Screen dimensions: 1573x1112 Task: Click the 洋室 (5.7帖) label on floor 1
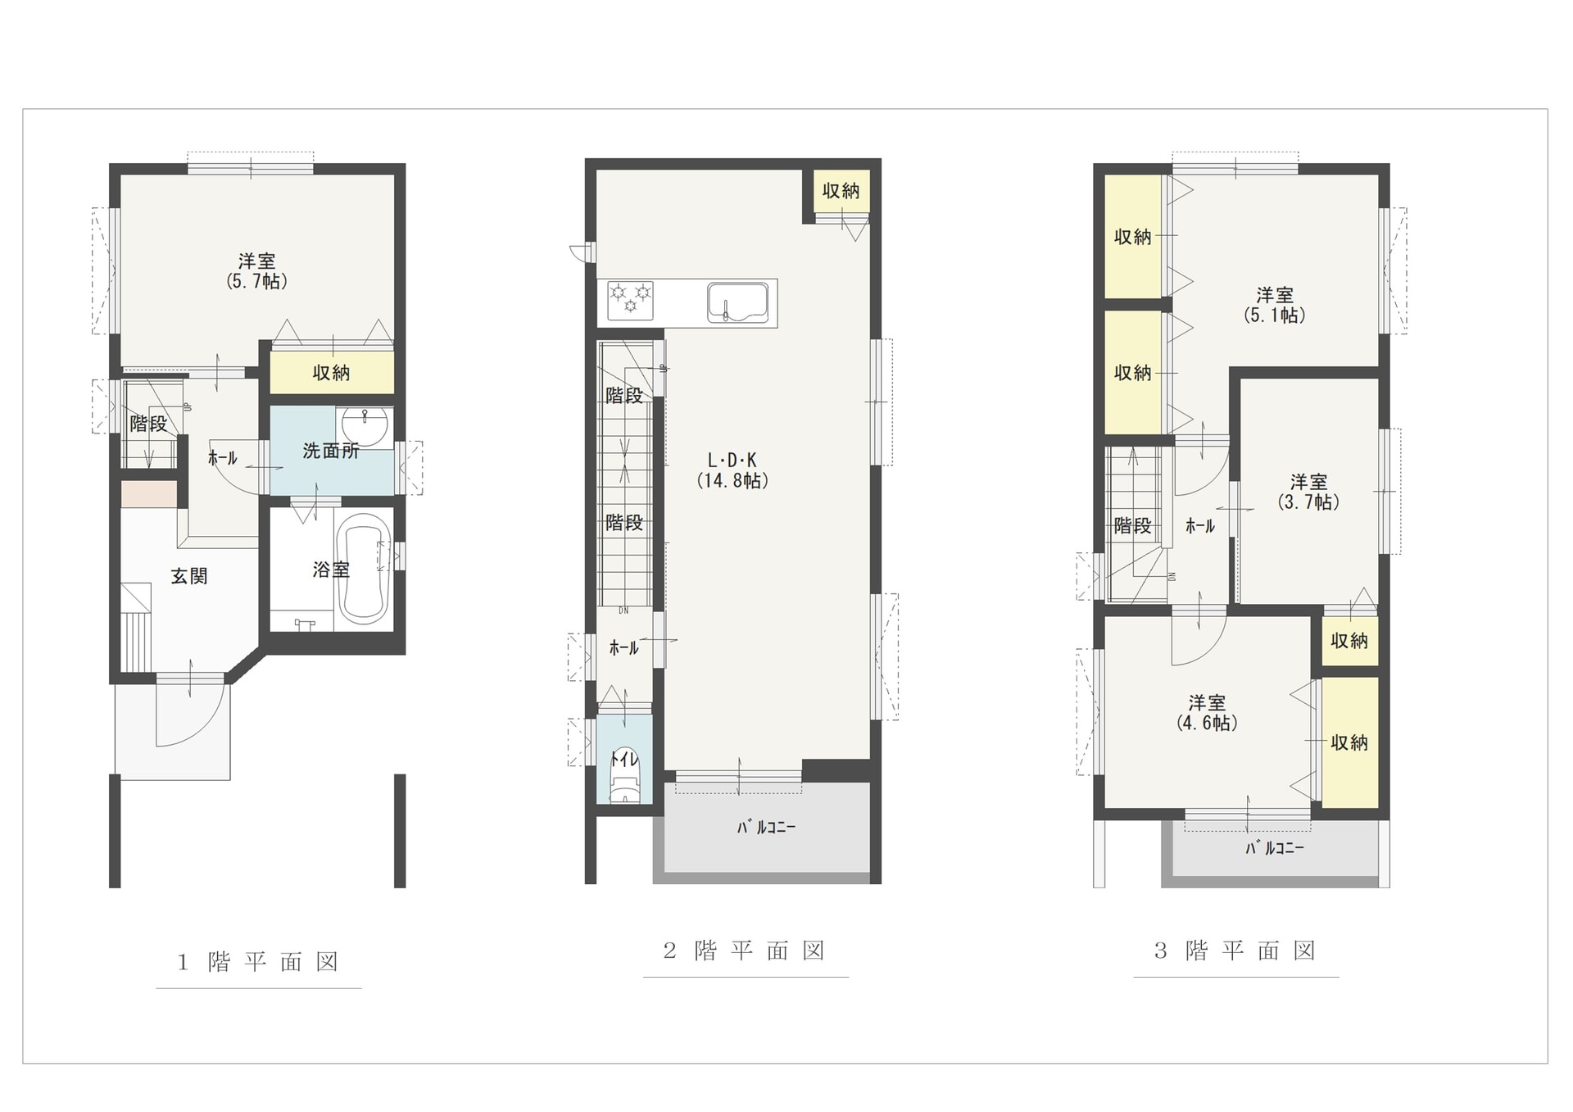pos(257,271)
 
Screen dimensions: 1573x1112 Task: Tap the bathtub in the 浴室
pos(363,570)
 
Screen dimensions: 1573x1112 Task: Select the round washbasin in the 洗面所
pos(364,426)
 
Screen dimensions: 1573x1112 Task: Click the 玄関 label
pos(189,576)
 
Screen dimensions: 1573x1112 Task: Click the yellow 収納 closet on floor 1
pos(332,373)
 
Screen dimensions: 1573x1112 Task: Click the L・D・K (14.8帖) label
pos(732,470)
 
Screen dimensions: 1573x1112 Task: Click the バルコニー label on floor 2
pos(766,828)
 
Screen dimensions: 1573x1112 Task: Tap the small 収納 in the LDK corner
pos(841,191)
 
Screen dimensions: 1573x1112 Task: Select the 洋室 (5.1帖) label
pos(1275,305)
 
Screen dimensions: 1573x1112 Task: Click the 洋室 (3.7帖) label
pos(1308,492)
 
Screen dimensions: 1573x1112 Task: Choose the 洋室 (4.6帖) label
pos(1207,712)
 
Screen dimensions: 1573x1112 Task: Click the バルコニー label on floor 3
pos(1275,848)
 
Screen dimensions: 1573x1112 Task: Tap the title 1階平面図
pos(258,961)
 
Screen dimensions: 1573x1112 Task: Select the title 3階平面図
pos(1235,951)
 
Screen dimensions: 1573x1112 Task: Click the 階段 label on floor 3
pos(1132,526)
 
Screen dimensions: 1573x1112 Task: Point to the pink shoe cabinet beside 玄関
pos(149,494)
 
